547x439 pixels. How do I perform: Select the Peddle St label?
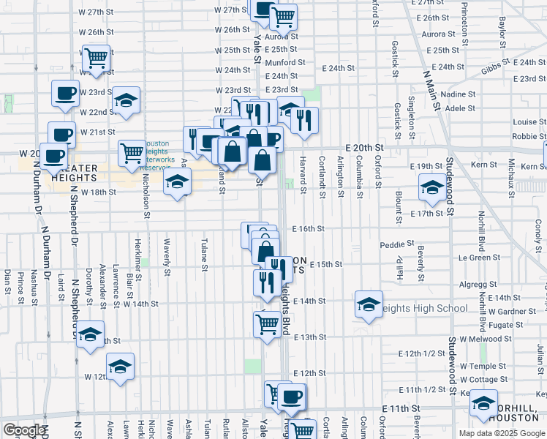397,243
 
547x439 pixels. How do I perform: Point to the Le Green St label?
475,258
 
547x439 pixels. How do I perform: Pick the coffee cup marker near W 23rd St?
65,94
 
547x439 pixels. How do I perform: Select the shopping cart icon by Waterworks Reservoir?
132,152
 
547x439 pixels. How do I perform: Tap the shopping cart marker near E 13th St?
268,322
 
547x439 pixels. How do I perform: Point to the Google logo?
24,430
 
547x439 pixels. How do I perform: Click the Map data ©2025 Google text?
502,433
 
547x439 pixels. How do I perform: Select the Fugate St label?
502,324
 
